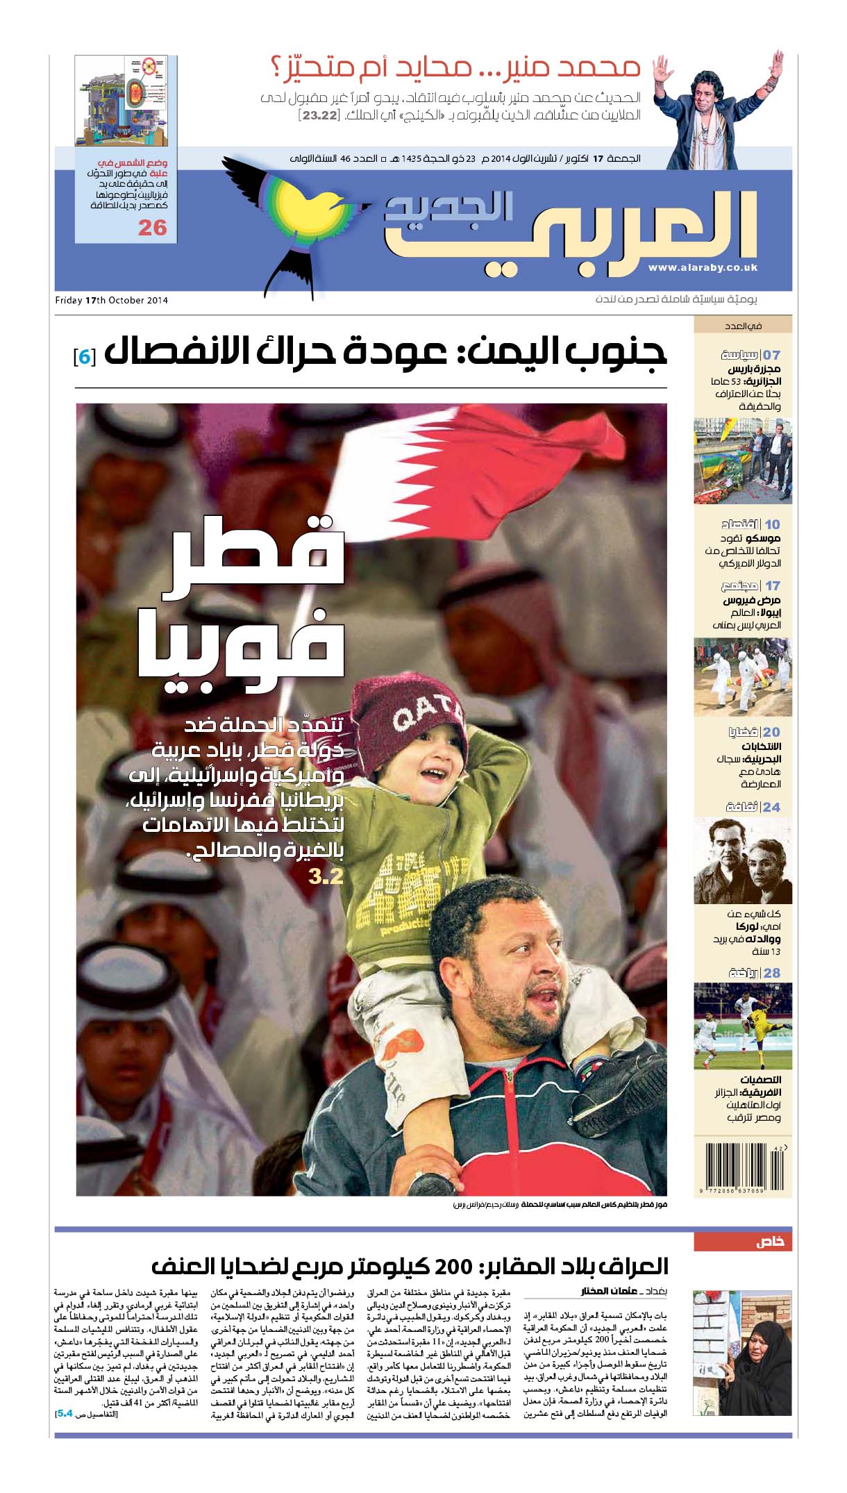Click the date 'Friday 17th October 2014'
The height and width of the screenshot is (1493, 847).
[112, 301]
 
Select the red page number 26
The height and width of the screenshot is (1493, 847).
[153, 228]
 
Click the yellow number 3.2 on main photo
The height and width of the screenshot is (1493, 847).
[326, 876]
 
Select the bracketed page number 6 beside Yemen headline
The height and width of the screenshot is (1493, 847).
[84, 356]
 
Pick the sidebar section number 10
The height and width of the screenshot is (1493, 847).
[772, 524]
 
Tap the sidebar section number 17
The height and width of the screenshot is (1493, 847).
[772, 585]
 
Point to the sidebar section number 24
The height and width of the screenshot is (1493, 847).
[771, 807]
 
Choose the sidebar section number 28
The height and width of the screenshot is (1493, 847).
[771, 973]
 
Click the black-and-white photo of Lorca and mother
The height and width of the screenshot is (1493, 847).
[742, 860]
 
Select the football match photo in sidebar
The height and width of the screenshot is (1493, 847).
[742, 1026]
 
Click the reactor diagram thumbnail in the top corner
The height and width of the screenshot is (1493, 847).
[126, 100]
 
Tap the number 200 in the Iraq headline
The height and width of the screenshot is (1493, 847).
[454, 1267]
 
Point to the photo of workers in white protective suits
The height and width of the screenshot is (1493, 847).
[742, 678]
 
